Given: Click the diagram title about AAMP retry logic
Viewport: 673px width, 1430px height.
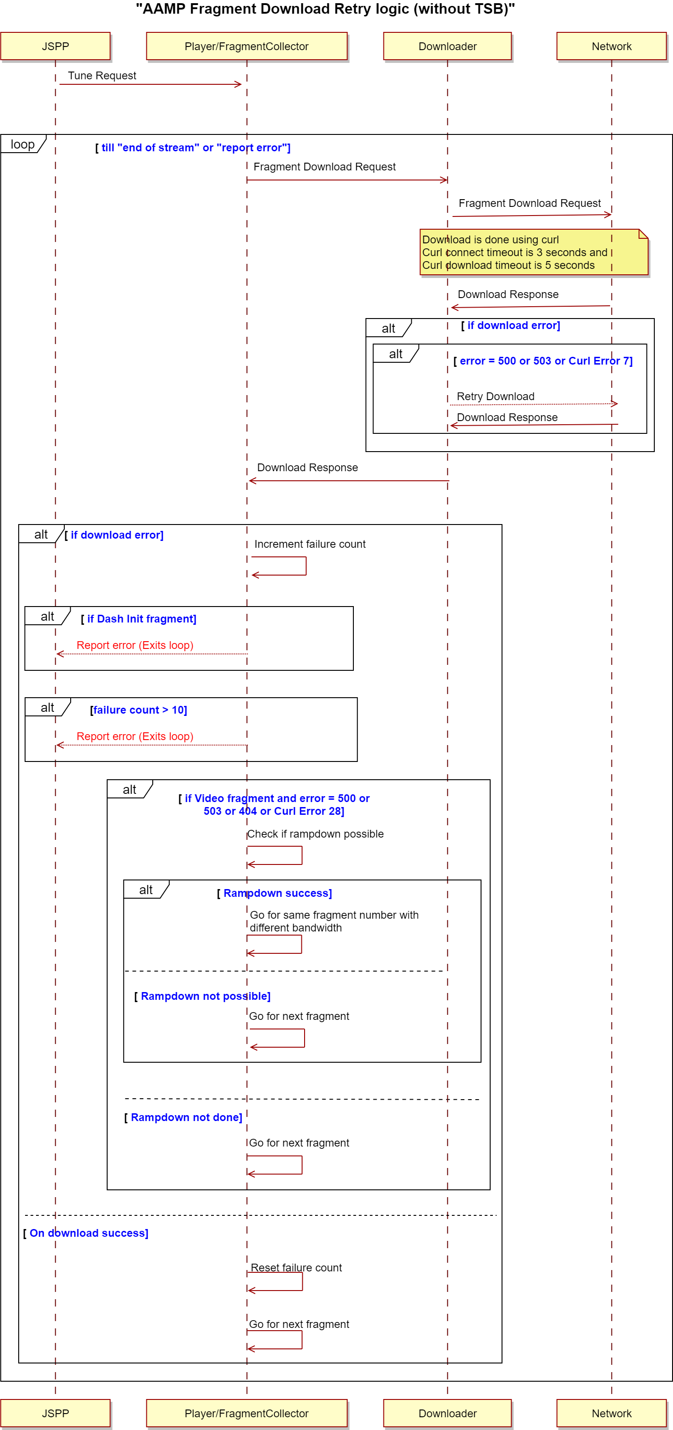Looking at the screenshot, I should click(326, 9).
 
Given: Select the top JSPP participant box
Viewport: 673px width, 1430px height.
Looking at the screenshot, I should click(56, 46).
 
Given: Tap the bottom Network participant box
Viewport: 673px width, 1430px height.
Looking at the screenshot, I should click(611, 1413).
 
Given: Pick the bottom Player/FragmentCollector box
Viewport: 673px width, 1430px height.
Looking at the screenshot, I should click(247, 1413).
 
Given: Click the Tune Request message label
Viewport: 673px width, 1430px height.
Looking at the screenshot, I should click(102, 76).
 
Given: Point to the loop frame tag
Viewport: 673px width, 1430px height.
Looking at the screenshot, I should click(22, 144).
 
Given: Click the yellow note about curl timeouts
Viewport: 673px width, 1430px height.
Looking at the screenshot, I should click(533, 252).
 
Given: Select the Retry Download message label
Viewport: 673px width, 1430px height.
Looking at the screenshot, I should click(495, 396).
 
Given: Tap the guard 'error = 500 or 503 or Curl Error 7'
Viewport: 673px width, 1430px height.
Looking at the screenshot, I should click(543, 361).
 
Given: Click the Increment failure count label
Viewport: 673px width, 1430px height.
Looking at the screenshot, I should click(310, 544).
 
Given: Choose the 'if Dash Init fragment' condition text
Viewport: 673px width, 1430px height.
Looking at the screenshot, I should click(139, 619).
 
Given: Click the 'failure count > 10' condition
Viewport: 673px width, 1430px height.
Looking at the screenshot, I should click(139, 710).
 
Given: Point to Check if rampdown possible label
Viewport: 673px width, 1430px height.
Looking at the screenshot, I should click(316, 834).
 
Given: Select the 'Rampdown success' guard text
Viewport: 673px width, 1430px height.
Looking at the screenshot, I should click(274, 893).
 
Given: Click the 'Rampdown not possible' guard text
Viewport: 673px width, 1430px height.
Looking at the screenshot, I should click(203, 996).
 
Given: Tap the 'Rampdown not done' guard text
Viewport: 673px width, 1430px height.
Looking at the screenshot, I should click(183, 1117).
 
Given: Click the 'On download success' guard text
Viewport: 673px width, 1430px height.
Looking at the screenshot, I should click(86, 1233).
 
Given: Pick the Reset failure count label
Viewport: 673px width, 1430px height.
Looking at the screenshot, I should click(296, 1267).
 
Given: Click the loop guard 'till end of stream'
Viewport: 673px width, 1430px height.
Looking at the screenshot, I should click(193, 148).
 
